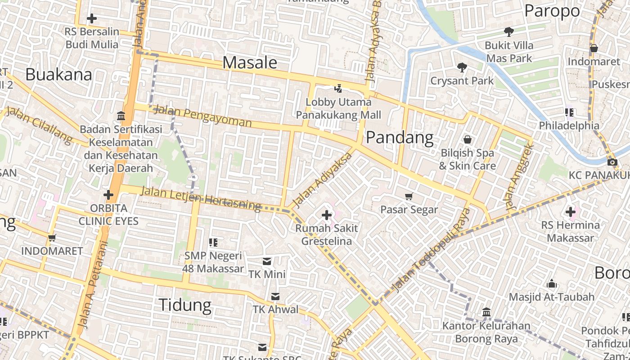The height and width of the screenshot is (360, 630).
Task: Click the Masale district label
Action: [x=250, y=63]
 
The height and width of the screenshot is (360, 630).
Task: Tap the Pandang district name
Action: [x=400, y=137]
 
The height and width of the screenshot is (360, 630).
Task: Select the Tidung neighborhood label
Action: [x=185, y=305]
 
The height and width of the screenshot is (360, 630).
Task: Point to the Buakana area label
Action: [x=58, y=74]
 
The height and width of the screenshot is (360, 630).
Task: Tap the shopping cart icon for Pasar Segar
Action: [x=409, y=196]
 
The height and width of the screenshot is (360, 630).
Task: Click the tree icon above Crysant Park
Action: [x=462, y=67]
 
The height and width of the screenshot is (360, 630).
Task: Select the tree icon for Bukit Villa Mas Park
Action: [x=509, y=32]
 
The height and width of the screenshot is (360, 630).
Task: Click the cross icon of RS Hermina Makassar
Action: [x=571, y=211]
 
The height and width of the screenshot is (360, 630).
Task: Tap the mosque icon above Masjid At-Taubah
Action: [x=552, y=284]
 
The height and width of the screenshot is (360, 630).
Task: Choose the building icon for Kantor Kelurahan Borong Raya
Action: [x=486, y=312]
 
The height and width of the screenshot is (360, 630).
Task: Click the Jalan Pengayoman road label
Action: [x=202, y=116]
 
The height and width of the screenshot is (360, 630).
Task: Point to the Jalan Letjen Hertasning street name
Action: [x=201, y=198]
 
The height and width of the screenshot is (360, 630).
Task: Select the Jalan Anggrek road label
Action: [x=519, y=177]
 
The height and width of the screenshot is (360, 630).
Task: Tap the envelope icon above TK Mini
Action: [x=267, y=261]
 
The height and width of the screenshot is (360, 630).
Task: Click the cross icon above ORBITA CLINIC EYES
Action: [x=108, y=195]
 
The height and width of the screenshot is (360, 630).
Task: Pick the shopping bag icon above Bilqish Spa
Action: [x=468, y=139]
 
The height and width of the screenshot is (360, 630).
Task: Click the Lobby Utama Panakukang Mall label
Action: [x=338, y=108]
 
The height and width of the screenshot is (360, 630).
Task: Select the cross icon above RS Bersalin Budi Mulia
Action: [x=92, y=18]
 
